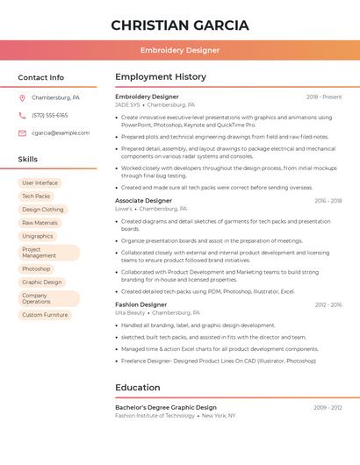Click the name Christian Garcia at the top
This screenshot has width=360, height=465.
tap(179, 25)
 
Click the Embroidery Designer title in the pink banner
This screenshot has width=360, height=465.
tap(179, 50)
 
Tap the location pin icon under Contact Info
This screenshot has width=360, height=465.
tap(22, 98)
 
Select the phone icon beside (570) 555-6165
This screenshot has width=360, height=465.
tap(22, 116)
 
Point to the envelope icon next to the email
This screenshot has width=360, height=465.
tap(22, 133)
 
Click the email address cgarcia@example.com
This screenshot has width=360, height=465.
tap(61, 133)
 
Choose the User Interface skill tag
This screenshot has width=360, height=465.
tap(40, 183)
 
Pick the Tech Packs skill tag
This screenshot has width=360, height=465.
tap(36, 197)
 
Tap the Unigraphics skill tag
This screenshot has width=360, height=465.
tap(37, 236)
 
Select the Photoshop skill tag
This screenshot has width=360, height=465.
tap(36, 269)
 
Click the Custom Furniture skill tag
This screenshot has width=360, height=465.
tap(45, 315)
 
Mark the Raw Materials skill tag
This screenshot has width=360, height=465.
tap(40, 223)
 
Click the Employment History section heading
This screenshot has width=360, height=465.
tap(161, 77)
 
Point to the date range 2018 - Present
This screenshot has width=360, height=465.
tap(324, 97)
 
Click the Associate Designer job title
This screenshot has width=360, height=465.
tap(143, 201)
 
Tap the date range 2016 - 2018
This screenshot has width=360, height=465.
tap(328, 201)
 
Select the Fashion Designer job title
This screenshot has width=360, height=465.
tap(140, 304)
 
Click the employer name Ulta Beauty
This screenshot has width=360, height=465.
tap(130, 312)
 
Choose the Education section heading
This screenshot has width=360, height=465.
tap(138, 388)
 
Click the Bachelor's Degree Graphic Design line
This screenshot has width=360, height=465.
tap(166, 408)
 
